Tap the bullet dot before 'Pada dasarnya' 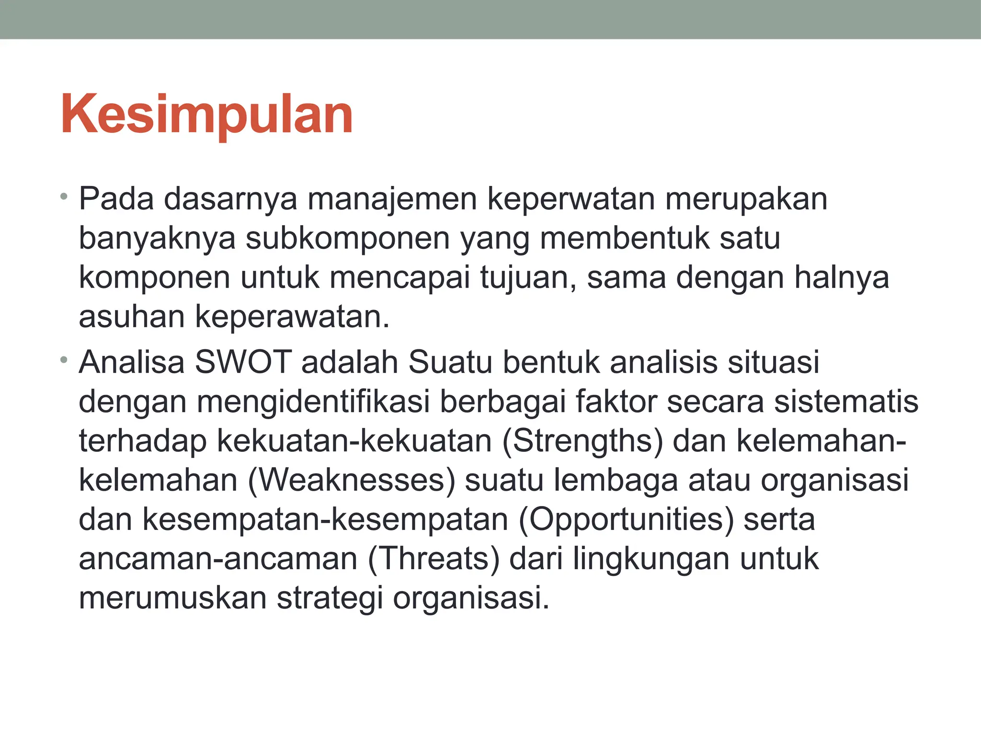tap(64, 196)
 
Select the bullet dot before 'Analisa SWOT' tap(64, 359)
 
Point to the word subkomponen tap(348, 238)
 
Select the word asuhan tap(132, 317)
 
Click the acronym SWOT tap(243, 362)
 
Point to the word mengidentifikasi tap(313, 402)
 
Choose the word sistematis tap(846, 402)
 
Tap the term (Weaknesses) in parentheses tap(351, 481)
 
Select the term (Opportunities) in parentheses tap(626, 520)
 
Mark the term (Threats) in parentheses tap(433, 559)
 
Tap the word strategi tap(330, 598)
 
